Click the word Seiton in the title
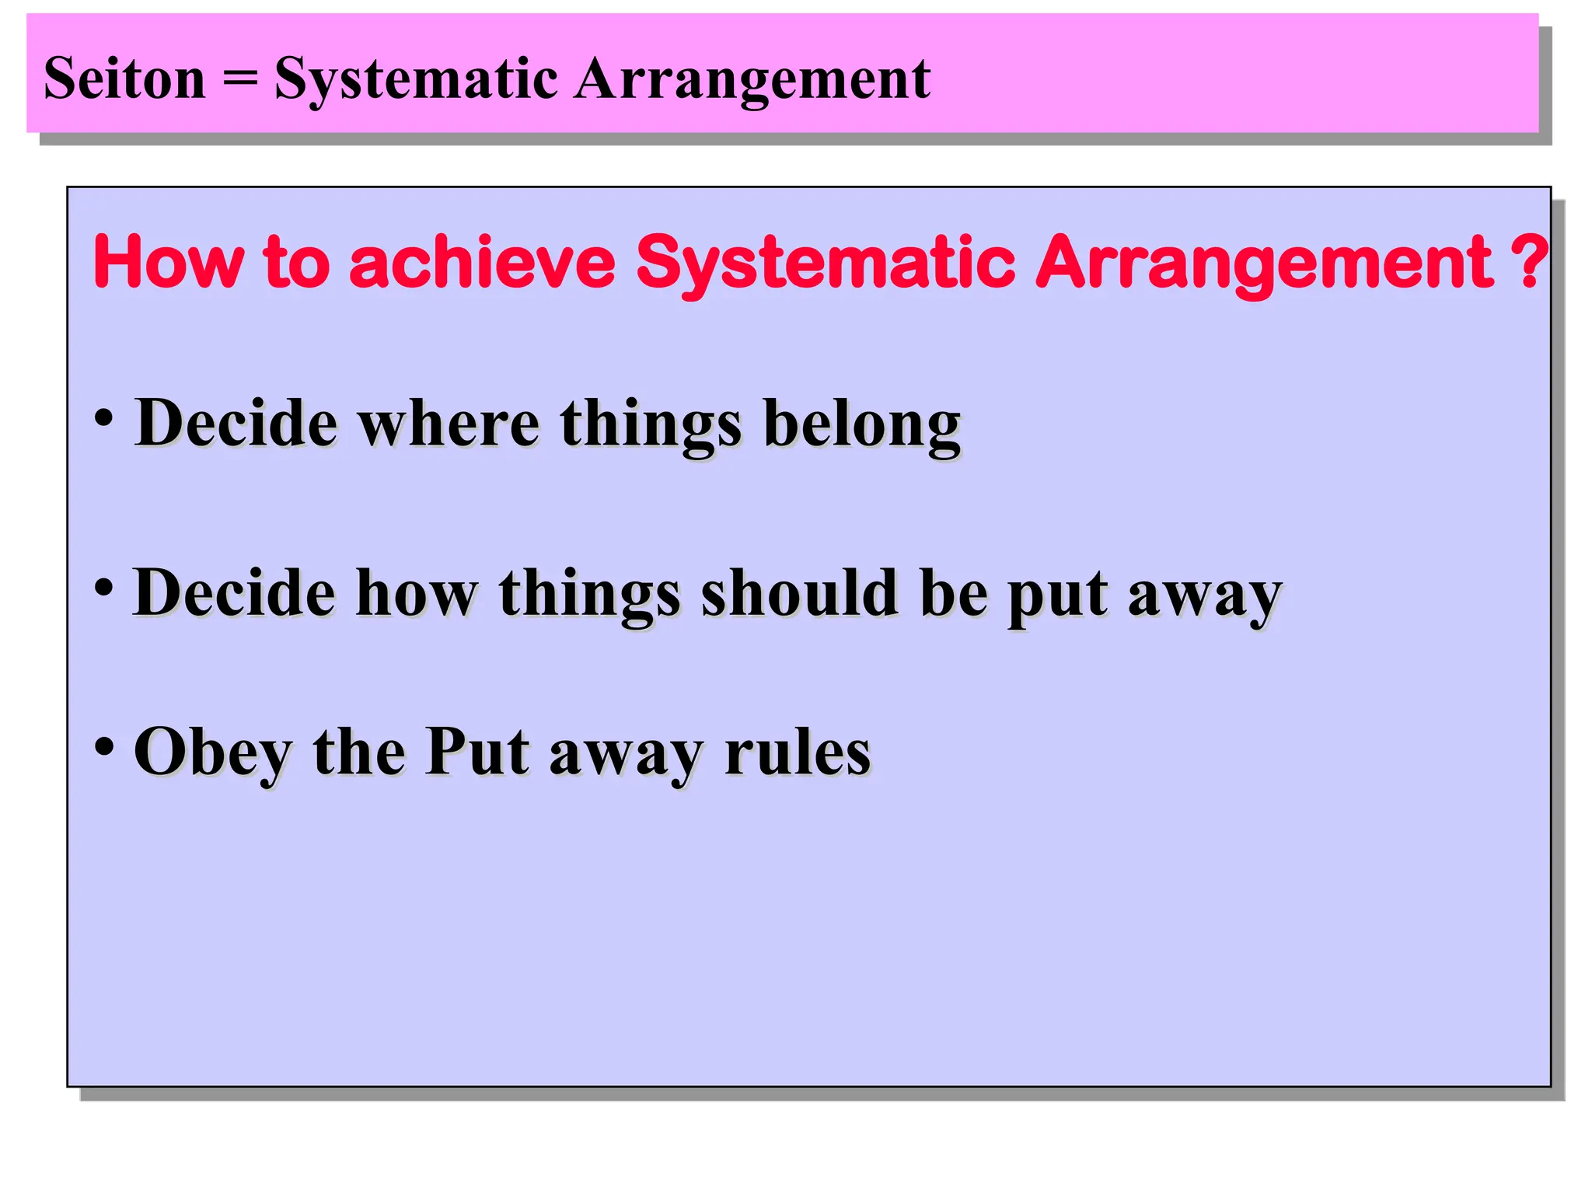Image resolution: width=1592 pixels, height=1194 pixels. click(124, 79)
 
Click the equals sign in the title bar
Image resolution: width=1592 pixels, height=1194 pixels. click(239, 79)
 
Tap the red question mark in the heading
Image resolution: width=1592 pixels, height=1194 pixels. click(1531, 262)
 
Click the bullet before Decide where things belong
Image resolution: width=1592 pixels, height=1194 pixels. click(104, 417)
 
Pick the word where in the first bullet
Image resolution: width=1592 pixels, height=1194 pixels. click(449, 424)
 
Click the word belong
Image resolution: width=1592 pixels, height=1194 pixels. click(862, 426)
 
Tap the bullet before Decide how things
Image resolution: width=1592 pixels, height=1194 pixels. click(104, 587)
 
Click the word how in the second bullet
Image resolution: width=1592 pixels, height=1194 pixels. click(416, 593)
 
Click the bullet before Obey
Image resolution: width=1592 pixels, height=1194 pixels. click(104, 746)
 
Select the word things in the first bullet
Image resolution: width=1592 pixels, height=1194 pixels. click(651, 426)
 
